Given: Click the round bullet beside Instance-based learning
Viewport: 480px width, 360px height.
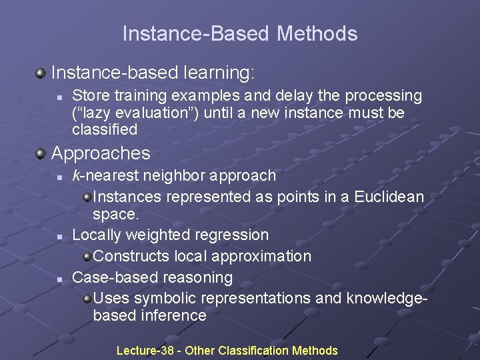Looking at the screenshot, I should (41, 71).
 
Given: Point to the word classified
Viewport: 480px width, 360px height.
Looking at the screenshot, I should (104, 129).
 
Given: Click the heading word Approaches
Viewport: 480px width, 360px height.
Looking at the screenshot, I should (101, 153).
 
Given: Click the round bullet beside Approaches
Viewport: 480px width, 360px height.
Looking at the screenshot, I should (41, 154).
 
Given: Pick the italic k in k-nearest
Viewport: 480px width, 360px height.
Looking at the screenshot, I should (75, 176).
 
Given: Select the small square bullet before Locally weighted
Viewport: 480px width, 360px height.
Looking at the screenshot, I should (59, 236).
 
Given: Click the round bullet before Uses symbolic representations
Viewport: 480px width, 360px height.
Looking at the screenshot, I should (87, 298).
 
